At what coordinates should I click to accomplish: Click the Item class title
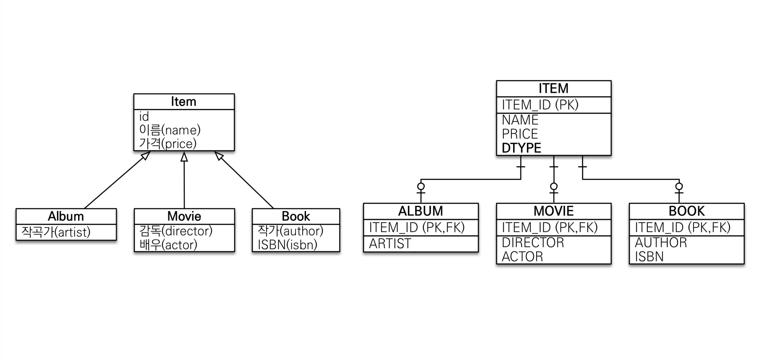coord(183,102)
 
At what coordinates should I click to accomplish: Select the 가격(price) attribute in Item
coord(168,144)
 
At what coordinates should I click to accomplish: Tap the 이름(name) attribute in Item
coord(170,130)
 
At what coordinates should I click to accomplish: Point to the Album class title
coord(66,216)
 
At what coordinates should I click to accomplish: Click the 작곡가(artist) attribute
coord(56,232)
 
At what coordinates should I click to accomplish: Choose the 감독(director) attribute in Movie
coord(176,231)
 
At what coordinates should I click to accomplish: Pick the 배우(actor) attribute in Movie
coord(168,244)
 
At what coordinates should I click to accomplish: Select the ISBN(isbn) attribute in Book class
coord(287,244)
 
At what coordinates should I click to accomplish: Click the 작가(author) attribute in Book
coord(291,231)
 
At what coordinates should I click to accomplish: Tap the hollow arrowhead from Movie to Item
coord(184,156)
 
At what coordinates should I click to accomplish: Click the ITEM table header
coord(554,88)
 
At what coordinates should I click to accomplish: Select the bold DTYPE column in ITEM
coord(522,148)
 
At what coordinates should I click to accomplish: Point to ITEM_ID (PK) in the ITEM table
coord(540,105)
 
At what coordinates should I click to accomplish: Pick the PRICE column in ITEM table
coord(520,134)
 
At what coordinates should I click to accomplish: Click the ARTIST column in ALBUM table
coord(390,244)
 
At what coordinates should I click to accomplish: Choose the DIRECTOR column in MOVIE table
coord(533,243)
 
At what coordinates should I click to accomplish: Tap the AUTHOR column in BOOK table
coord(661,243)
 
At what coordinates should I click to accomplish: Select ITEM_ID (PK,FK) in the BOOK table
coord(682,228)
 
